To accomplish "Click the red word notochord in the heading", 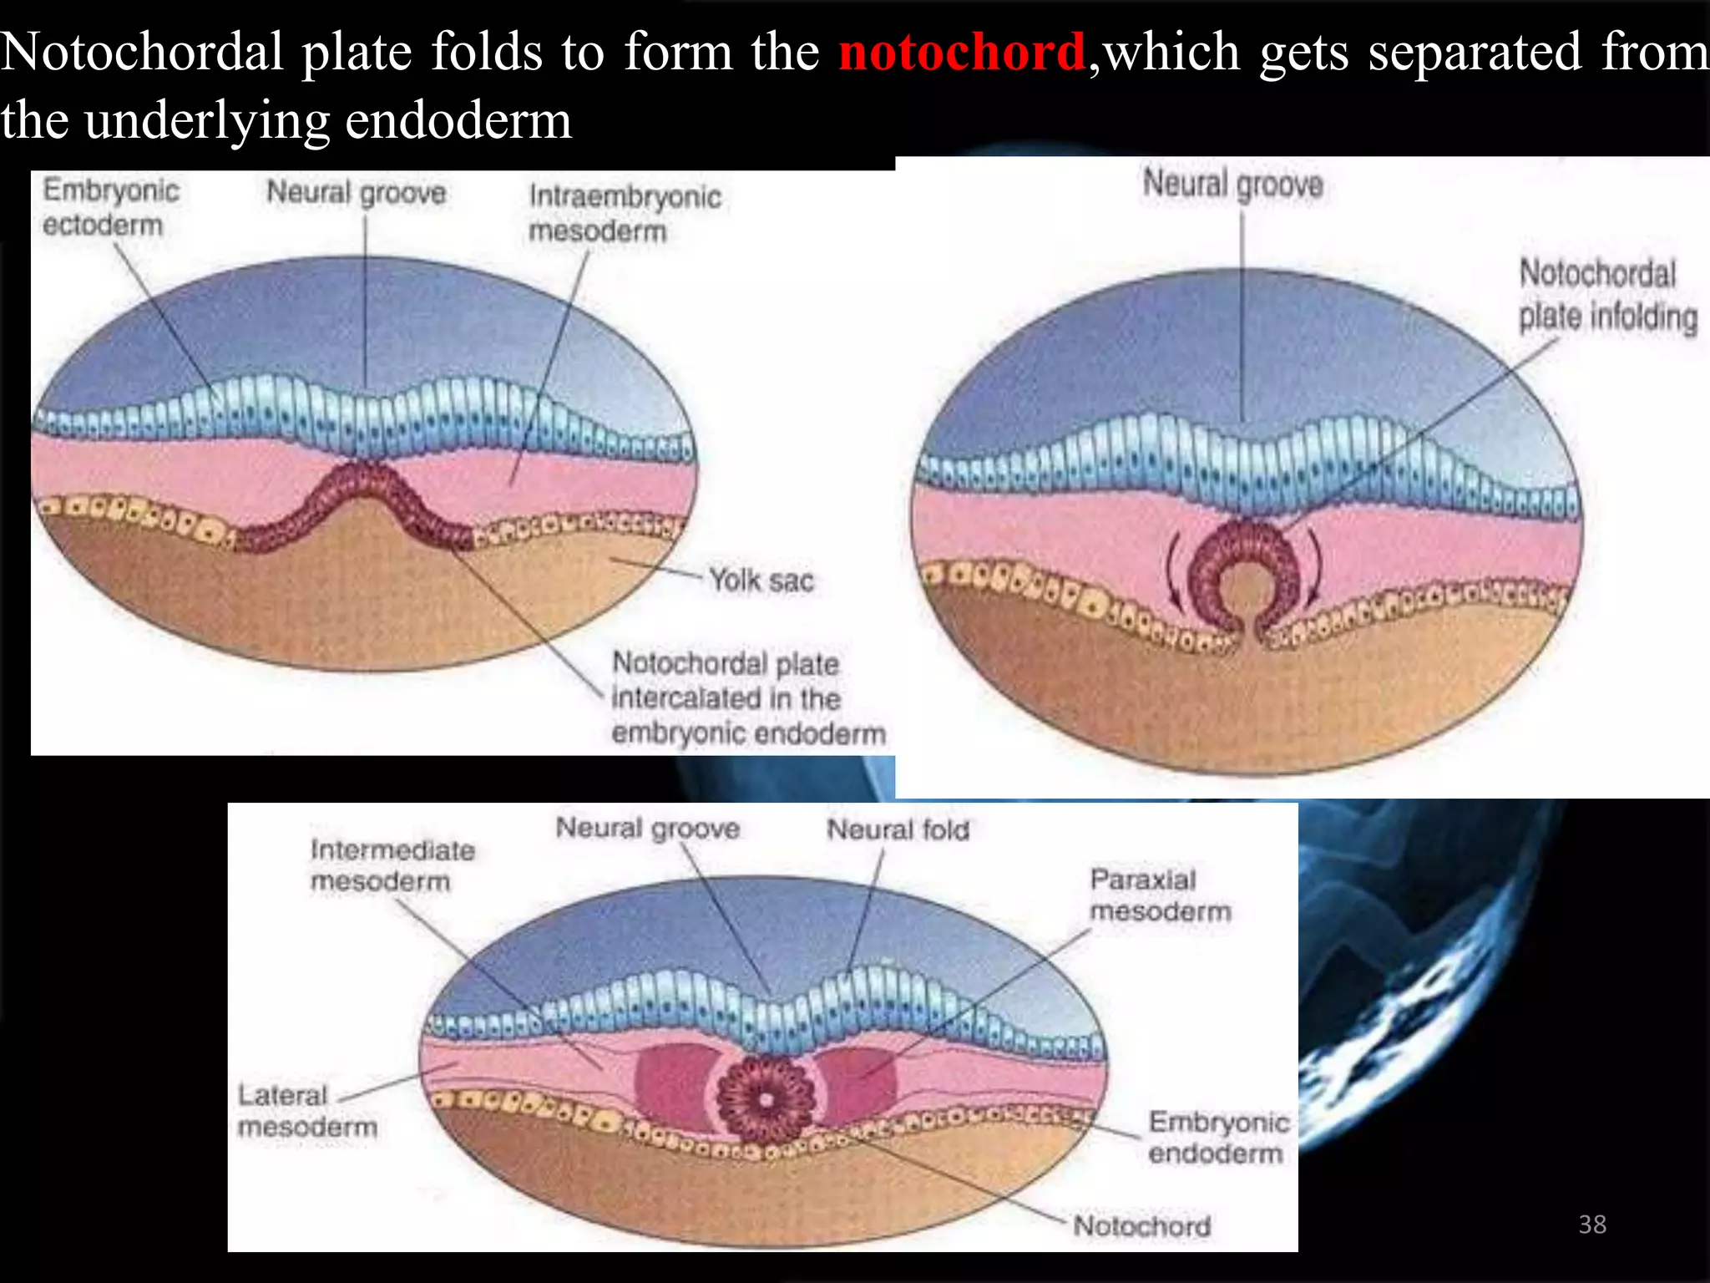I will coord(962,52).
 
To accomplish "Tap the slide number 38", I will coord(1592,1224).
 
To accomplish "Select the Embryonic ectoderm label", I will coord(110,207).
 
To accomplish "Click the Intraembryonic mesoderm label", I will coord(625,214).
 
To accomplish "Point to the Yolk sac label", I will coord(761,580).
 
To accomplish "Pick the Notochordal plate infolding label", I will coord(1606,295).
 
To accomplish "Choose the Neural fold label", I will coord(898,829).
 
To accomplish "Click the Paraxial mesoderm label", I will coord(1160,895).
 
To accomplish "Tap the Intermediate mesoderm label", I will coord(392,865).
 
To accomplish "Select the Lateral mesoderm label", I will coord(306,1110).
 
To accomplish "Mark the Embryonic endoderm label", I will coord(1217,1137).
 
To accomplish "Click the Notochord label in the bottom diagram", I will coord(1141,1225).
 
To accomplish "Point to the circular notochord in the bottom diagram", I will coord(765,1096).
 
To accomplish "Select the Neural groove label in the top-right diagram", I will coord(1232,184).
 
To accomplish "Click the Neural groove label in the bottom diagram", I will coord(647,828).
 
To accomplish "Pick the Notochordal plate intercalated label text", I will coord(747,698).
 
